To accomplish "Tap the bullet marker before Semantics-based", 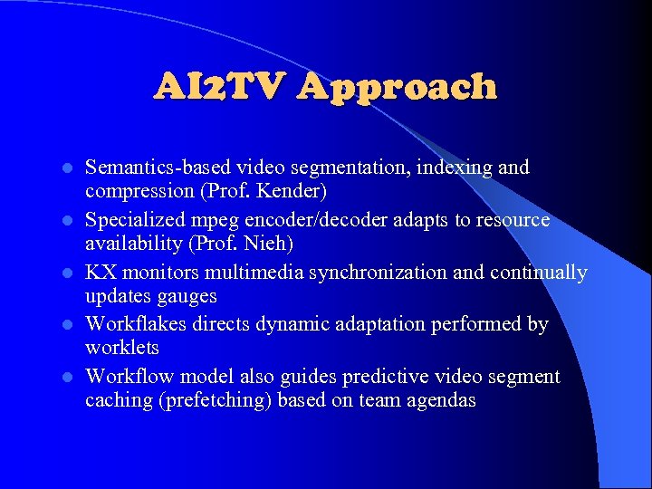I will (65, 168).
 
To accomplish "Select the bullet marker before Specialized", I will (65, 221).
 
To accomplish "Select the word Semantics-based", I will (156, 168).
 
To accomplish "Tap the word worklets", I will (121, 348).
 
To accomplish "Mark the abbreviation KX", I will (99, 273).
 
